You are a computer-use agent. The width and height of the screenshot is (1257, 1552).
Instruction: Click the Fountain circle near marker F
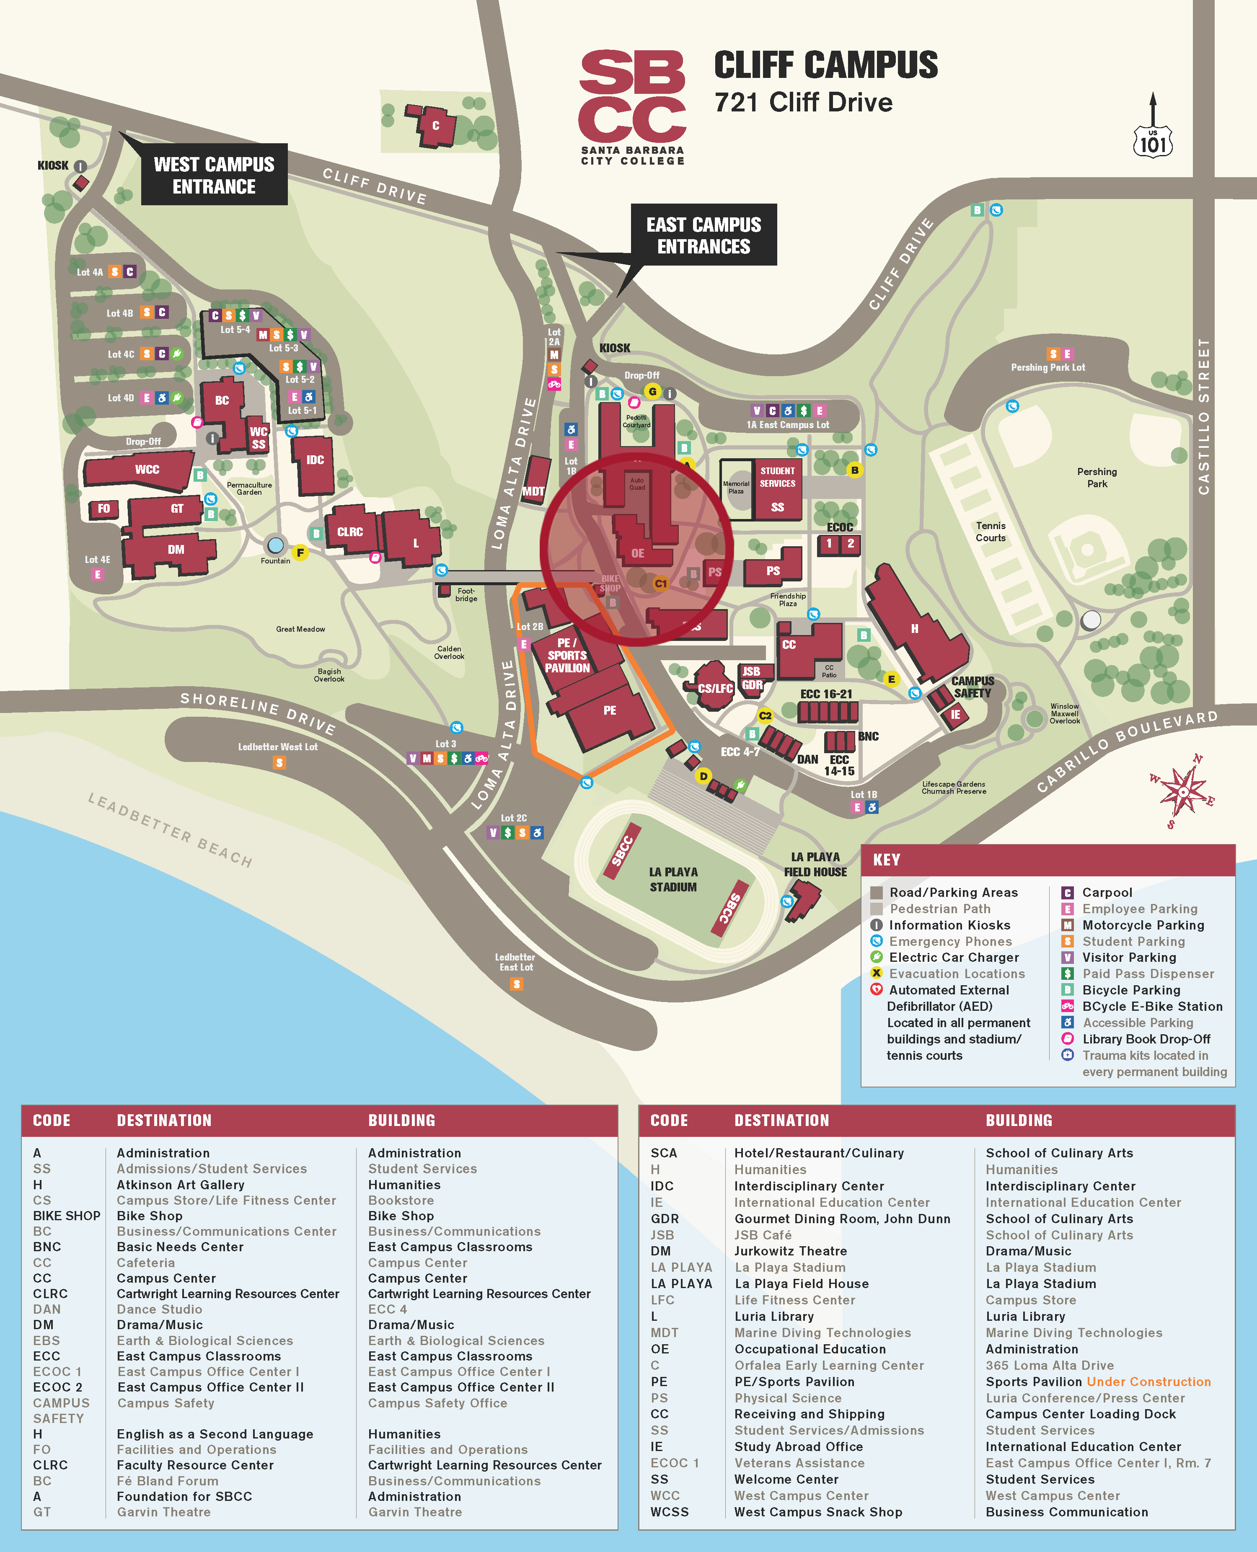pos(275,545)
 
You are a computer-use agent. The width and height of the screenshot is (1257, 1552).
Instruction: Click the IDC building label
pos(315,460)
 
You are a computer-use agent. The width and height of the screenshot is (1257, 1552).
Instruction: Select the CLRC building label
pos(350,532)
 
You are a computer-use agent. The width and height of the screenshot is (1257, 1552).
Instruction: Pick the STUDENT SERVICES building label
pos(777,477)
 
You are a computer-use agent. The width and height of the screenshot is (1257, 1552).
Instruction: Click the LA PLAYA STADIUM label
pos(672,880)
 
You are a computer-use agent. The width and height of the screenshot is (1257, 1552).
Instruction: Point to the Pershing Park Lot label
pos(1048,368)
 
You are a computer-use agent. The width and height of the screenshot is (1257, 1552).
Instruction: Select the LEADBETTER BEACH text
pos(170,829)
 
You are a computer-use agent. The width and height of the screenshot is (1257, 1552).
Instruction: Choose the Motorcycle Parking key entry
pos(1143,925)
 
